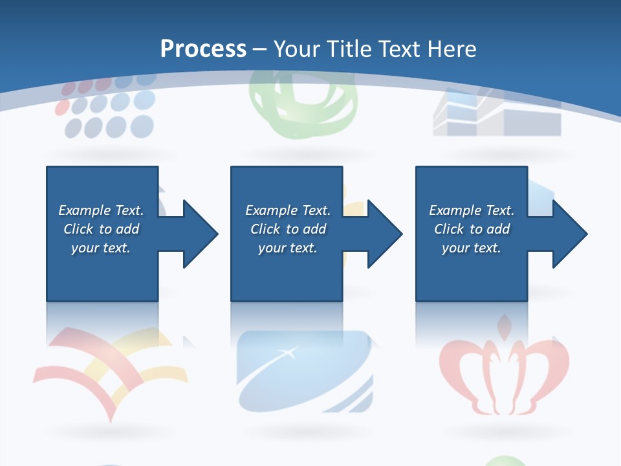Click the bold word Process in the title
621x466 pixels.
(x=203, y=49)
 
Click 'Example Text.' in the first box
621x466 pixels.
(x=101, y=210)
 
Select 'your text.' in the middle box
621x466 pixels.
(x=287, y=248)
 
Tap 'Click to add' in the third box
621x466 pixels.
(x=472, y=229)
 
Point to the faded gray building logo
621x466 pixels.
(x=496, y=116)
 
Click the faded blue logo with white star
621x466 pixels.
(x=304, y=372)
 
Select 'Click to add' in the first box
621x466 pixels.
(x=101, y=229)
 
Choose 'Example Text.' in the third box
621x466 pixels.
(x=472, y=210)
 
